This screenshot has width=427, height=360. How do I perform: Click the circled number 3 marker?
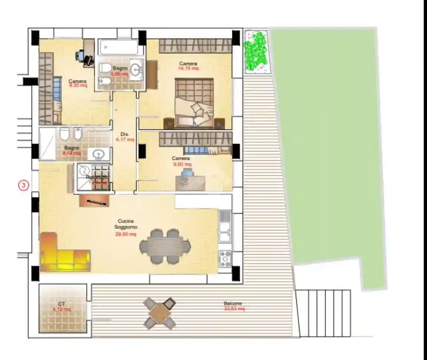pos(23,185)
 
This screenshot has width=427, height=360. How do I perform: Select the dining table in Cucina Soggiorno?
pos(165,246)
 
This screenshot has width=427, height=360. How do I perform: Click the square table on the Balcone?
pos(160,313)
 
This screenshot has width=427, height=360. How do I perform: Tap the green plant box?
pos(256,51)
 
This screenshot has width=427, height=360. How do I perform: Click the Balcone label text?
pos(233,303)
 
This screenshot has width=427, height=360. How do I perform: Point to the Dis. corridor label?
pos(124,134)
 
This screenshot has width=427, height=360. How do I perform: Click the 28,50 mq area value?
pos(125,234)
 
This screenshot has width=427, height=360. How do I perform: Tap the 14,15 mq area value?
pos(189,68)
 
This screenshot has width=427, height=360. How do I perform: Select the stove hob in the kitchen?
pos(225,258)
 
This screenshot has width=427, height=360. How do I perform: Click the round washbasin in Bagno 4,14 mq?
pos(99,154)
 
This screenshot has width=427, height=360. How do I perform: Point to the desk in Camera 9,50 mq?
pos(190,183)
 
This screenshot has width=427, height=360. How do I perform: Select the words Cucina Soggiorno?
pos(125,224)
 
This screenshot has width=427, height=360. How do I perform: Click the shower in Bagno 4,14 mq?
pos(47,144)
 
